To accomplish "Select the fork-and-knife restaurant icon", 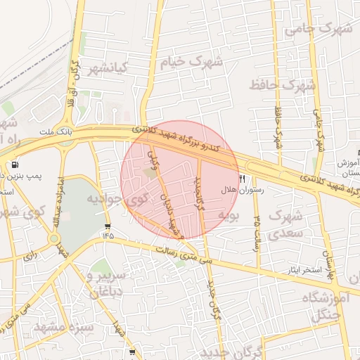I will point(243,179).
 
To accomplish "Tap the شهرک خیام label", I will point(192,61).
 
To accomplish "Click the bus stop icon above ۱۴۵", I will point(108,226).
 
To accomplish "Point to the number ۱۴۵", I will point(108,236).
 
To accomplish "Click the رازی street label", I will point(30,257).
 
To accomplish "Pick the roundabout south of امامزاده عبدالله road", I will point(53,238).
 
